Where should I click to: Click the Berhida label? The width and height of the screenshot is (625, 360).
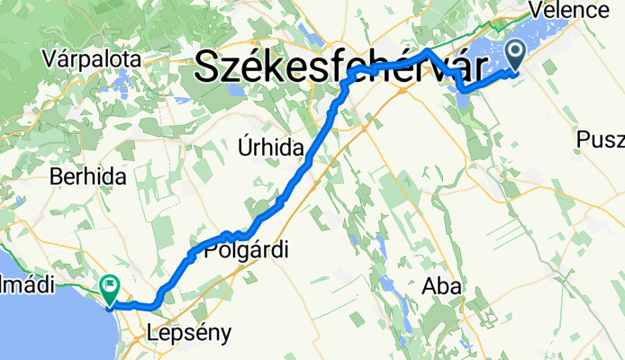click(87, 177)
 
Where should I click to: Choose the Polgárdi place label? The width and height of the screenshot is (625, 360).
click(248, 252)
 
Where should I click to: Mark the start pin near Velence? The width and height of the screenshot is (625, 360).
click(518, 55)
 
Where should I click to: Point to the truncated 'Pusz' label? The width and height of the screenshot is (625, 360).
click(601, 139)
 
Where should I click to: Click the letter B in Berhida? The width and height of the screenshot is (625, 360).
click(57, 177)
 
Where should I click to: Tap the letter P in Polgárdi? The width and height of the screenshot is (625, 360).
click(213, 252)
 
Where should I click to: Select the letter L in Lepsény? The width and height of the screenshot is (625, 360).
click(153, 333)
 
